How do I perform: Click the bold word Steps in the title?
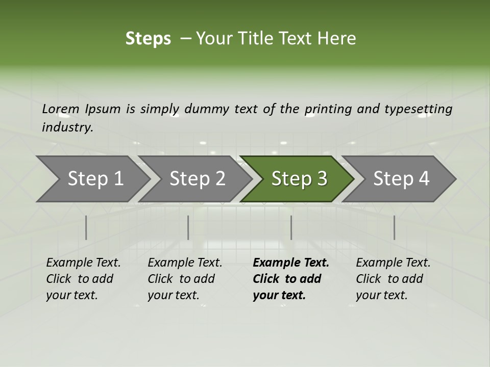tap(148, 39)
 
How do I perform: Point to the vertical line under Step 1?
tap(86, 227)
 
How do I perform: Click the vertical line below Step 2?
tap(188, 227)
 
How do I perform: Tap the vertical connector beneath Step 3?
tap(291, 227)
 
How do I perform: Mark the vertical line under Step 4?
tap(394, 227)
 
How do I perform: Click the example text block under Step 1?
tap(83, 279)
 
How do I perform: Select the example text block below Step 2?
tap(185, 279)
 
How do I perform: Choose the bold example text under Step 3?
tap(290, 279)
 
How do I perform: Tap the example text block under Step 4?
tap(393, 279)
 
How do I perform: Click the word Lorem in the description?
tap(61, 109)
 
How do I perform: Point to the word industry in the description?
tap(67, 127)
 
